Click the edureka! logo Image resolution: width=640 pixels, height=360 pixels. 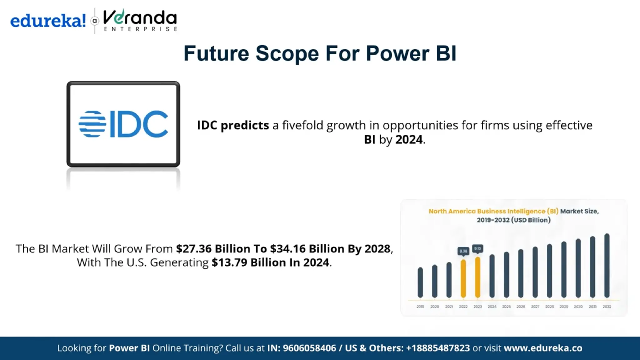[x=48, y=21]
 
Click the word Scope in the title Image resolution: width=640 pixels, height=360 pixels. [x=287, y=53]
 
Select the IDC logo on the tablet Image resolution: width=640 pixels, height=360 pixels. [x=123, y=124]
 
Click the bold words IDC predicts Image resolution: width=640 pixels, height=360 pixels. [x=233, y=125]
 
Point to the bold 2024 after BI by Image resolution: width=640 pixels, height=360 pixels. [x=409, y=139]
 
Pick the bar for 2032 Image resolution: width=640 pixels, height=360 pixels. [x=607, y=266]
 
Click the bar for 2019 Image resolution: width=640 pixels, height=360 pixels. [x=420, y=282]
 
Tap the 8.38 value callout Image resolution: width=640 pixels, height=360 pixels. [x=463, y=251]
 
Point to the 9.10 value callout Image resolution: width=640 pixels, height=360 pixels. [x=477, y=248]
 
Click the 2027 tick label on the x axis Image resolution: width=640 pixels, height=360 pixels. [x=535, y=307]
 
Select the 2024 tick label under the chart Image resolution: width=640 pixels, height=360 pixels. [x=492, y=307]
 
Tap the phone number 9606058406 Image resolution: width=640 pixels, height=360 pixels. [x=309, y=348]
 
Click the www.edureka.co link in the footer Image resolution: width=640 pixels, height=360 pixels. [x=543, y=348]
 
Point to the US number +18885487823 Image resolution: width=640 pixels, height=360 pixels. [x=437, y=348]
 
